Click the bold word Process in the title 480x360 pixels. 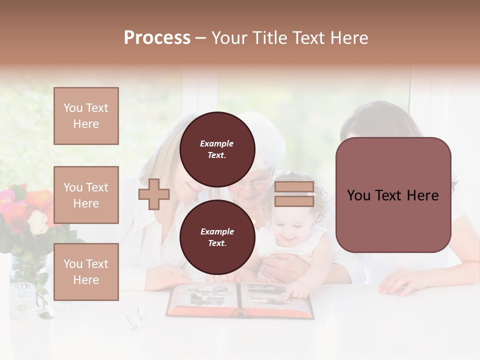pyautogui.click(x=157, y=38)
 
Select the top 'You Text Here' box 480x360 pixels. pyautogui.click(x=86, y=116)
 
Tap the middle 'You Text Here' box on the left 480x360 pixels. pyautogui.click(x=86, y=195)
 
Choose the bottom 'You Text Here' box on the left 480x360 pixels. pyautogui.click(x=86, y=272)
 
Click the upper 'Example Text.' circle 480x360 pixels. pyautogui.click(x=217, y=149)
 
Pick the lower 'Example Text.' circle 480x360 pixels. pyautogui.click(x=217, y=237)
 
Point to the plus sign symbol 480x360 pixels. pyautogui.click(x=154, y=194)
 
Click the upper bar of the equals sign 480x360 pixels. pyautogui.click(x=294, y=187)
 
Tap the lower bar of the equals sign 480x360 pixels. pyautogui.click(x=294, y=201)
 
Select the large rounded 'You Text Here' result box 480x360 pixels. pyautogui.click(x=393, y=195)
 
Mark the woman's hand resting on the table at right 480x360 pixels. pyautogui.click(x=400, y=282)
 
